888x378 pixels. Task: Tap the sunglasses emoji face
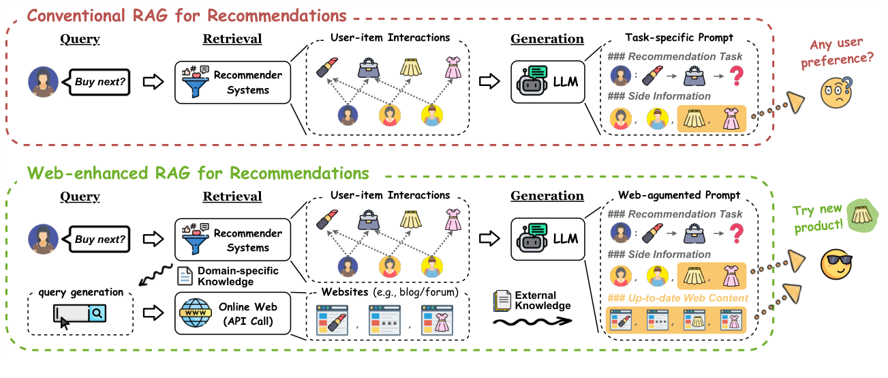point(838,263)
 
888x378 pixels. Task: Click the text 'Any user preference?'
point(842,53)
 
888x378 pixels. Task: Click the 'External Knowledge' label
point(542,300)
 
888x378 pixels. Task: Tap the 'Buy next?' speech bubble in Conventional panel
point(100,81)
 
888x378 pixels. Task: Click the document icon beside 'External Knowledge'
point(500,300)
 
